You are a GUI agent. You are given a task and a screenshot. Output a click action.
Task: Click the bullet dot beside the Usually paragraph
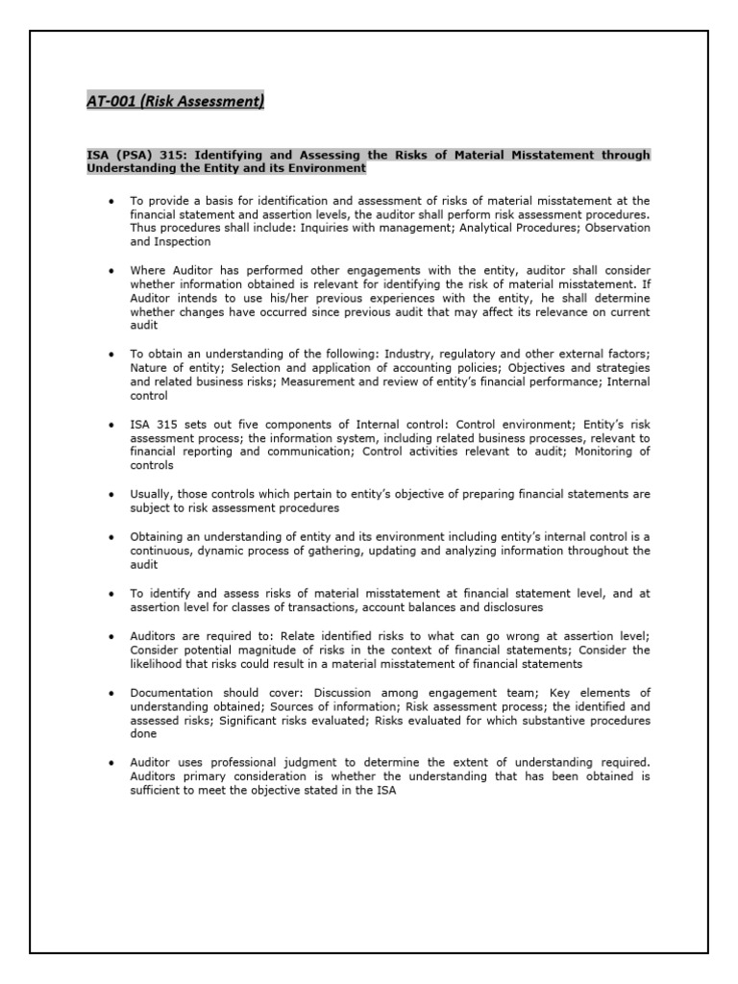click(112, 494)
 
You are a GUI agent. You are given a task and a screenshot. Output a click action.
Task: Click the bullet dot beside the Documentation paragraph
click(112, 692)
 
